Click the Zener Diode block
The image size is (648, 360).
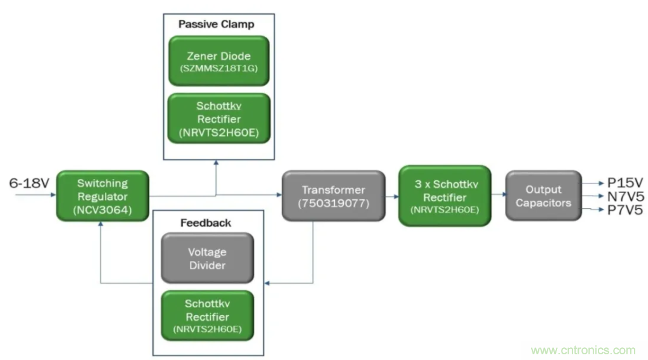click(x=219, y=61)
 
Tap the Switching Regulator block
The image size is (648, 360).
click(x=102, y=196)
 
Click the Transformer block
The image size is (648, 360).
click(x=333, y=196)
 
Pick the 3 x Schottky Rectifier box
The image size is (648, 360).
click(x=445, y=196)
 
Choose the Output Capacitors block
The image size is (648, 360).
click(x=543, y=196)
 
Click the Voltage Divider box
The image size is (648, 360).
click(x=207, y=258)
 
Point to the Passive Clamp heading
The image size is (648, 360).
click(x=216, y=25)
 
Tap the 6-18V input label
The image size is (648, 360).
click(x=29, y=183)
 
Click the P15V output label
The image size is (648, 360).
click(x=625, y=182)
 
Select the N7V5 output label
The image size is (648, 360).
click(x=625, y=196)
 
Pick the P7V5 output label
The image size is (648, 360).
click(x=625, y=210)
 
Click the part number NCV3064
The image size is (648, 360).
click(x=102, y=210)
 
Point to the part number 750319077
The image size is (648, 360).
click(x=333, y=204)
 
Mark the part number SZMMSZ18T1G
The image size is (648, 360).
click(x=219, y=69)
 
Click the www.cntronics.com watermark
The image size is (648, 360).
click(x=583, y=350)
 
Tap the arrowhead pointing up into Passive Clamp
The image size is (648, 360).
click(x=216, y=164)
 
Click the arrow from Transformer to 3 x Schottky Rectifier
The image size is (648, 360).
click(x=392, y=197)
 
